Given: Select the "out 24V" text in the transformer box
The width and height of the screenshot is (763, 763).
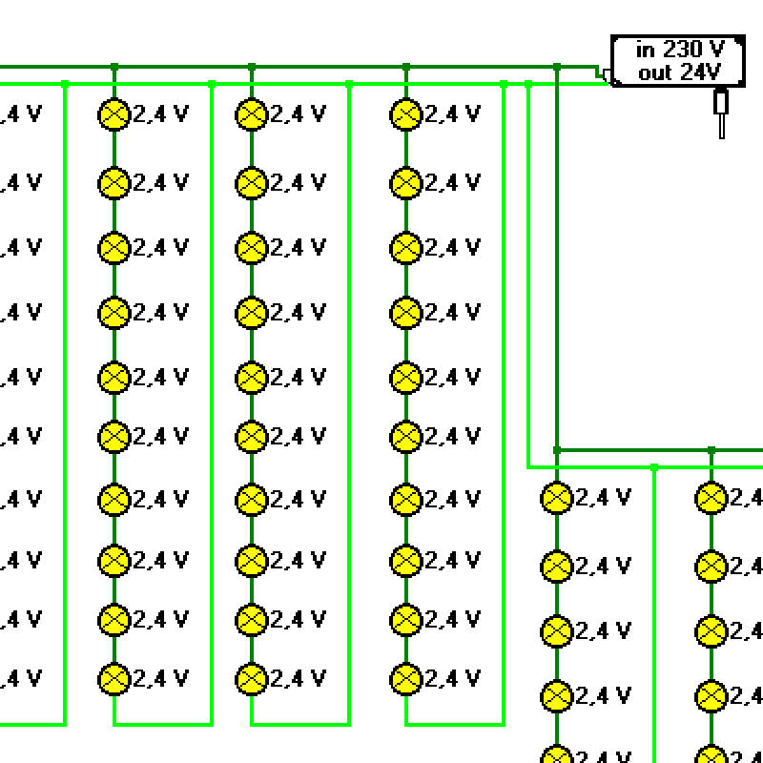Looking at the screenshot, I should click(679, 72).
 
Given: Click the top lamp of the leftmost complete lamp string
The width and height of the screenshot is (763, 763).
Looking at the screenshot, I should click(113, 114).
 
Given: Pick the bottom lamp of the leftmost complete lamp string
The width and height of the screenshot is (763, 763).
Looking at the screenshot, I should click(113, 678).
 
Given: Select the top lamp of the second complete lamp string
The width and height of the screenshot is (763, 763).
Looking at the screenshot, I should click(251, 114).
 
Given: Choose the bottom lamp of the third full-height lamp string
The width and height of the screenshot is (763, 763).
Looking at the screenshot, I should click(405, 678).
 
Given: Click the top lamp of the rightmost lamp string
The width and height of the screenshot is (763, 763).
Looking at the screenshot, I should click(711, 497).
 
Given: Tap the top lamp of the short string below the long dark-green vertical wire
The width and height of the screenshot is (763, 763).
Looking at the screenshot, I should click(556, 497).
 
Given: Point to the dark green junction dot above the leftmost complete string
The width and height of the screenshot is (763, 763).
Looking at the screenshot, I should click(114, 67).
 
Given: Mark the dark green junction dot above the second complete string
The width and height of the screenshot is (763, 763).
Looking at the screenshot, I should click(252, 67).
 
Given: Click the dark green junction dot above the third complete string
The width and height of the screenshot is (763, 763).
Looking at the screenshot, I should click(406, 67).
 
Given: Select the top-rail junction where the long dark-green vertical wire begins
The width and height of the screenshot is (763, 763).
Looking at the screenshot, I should click(557, 67).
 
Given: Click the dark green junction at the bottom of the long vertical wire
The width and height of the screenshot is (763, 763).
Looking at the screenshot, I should click(557, 449).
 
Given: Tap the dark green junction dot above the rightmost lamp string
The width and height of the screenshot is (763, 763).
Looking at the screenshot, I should click(711, 449).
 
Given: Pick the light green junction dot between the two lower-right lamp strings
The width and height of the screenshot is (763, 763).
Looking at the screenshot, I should click(653, 467).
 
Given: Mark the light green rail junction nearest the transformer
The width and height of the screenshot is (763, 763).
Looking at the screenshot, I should click(528, 84).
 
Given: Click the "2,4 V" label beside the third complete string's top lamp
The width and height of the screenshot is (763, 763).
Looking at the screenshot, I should click(452, 114).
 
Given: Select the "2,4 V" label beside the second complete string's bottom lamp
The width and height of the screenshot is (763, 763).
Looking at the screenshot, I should click(298, 678).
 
